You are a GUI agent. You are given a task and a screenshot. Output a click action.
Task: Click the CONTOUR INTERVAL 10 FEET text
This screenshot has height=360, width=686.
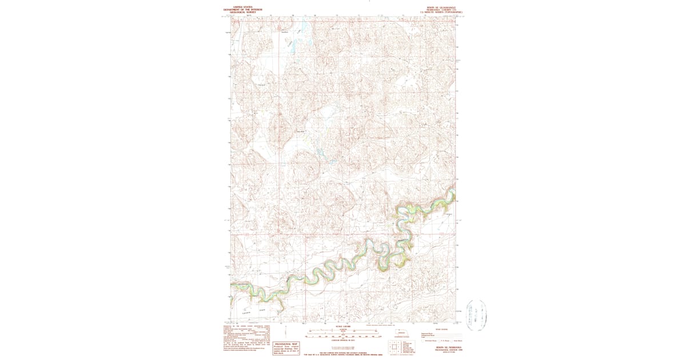(342, 341)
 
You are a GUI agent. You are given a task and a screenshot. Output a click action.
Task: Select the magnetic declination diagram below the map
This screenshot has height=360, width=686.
(284, 331)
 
